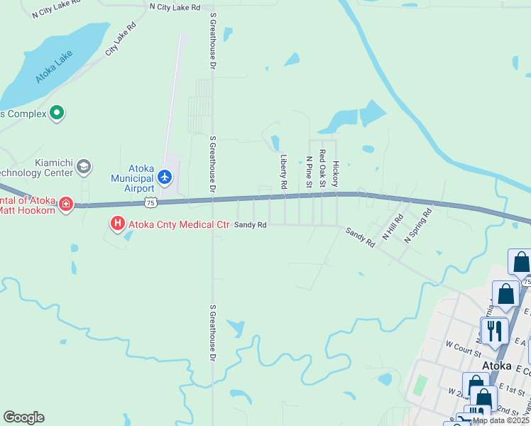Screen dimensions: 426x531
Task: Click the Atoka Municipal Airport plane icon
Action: click(165, 176)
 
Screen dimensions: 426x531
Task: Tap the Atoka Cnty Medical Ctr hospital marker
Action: click(117, 225)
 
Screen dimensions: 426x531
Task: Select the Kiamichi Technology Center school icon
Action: click(83, 167)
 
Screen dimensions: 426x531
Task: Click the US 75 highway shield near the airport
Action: click(150, 203)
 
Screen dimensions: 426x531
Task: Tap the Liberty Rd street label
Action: click(283, 172)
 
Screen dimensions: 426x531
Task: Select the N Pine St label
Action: click(309, 173)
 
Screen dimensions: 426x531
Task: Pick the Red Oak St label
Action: click(322, 168)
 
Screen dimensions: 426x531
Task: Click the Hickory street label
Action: click(336, 168)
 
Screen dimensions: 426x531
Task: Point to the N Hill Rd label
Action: click(393, 226)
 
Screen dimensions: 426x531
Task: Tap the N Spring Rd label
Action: click(418, 226)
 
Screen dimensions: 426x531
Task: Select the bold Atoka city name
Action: click(497, 366)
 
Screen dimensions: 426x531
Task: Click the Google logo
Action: click(23, 417)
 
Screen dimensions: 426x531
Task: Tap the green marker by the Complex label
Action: click(58, 113)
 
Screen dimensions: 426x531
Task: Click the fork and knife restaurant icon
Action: click(495, 330)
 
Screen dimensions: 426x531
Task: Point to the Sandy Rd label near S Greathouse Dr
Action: click(251, 224)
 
